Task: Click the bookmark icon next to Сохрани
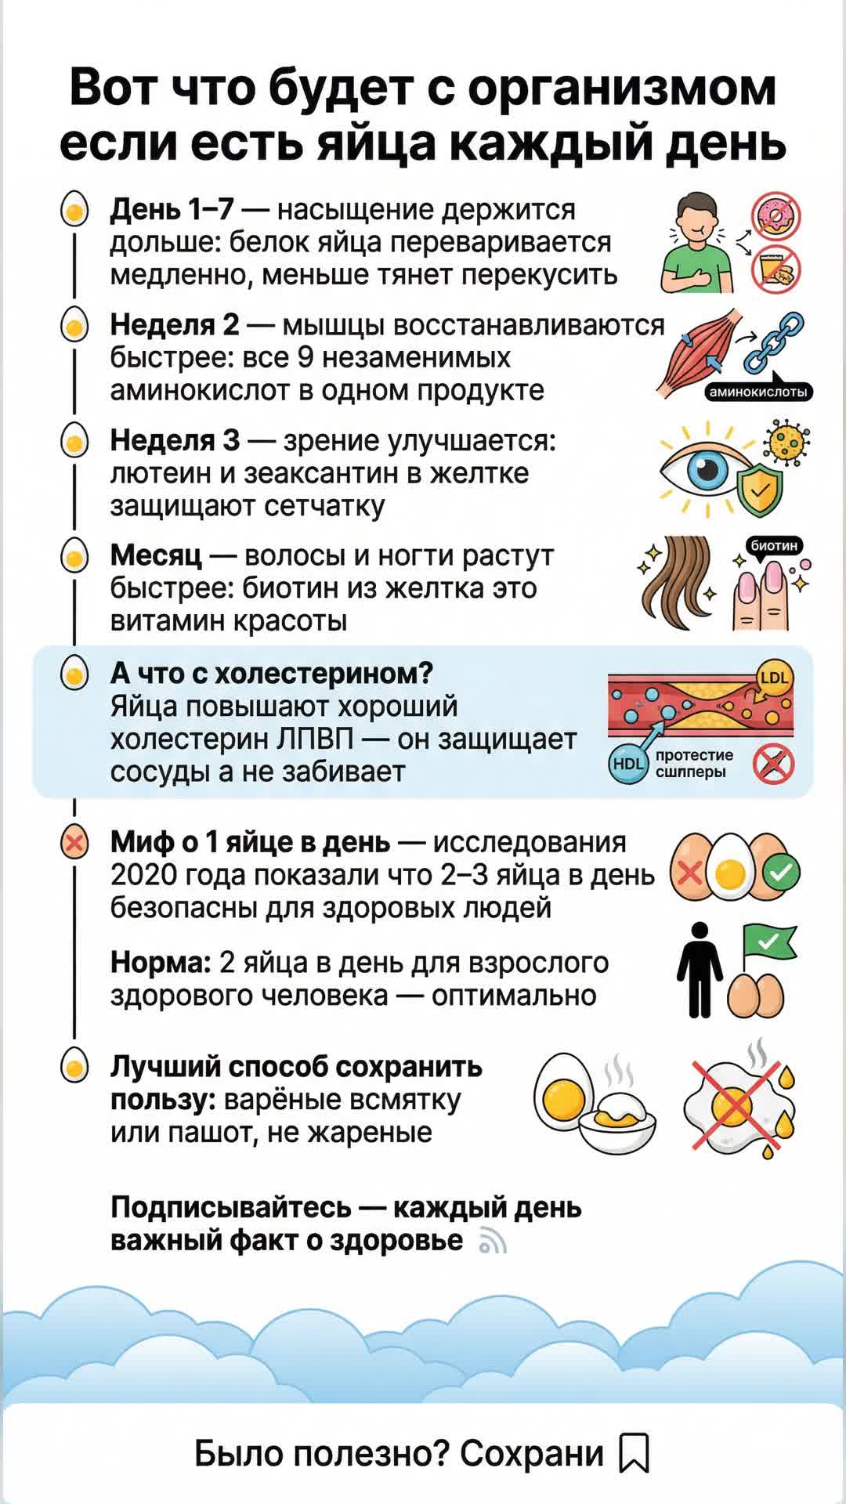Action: (634, 1452)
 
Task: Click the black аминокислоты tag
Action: (757, 392)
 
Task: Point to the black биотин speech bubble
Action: (774, 545)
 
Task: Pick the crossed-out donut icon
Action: (776, 216)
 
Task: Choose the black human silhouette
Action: (700, 970)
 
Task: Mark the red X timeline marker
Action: (74, 844)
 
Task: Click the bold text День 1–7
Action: (172, 209)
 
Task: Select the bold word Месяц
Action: (156, 555)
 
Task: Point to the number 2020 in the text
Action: (141, 875)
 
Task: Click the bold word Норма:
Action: (161, 962)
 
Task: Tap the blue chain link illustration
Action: (773, 342)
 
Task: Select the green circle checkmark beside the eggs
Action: (780, 872)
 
